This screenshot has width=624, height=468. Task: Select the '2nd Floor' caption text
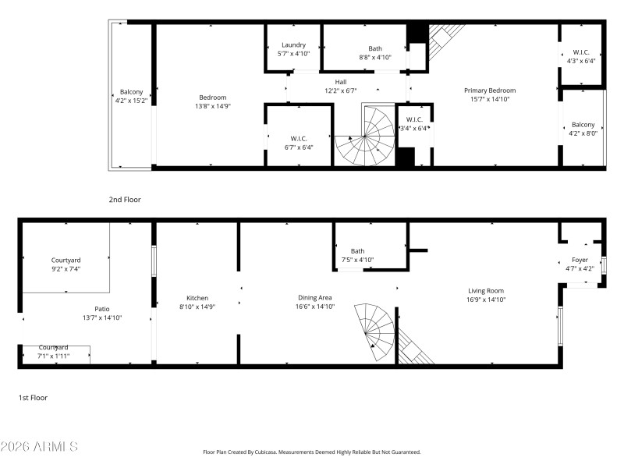(125, 200)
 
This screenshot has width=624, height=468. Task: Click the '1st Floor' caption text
(33, 398)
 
